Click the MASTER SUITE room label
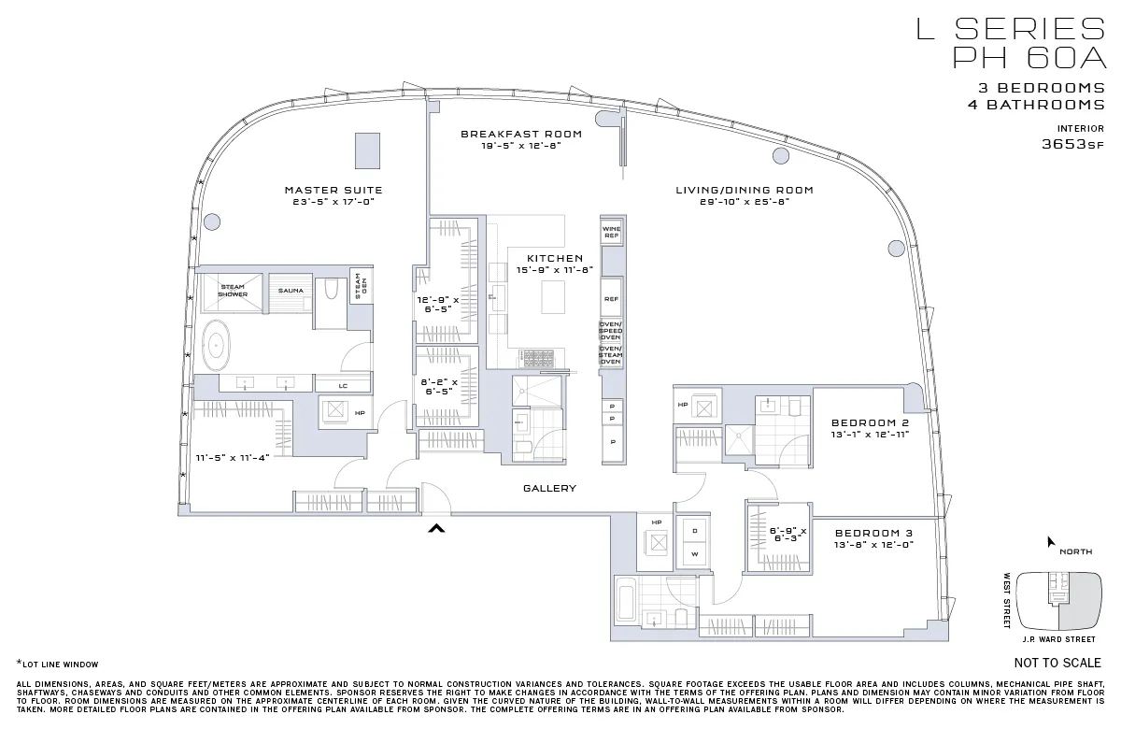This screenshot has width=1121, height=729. [x=333, y=191]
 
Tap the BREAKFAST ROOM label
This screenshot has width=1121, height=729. [x=521, y=135]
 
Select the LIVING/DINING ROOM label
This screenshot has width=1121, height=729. [x=745, y=191]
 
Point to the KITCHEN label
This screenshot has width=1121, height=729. [x=555, y=259]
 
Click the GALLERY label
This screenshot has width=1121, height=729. [x=549, y=489]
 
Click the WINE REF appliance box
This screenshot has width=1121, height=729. [x=611, y=233]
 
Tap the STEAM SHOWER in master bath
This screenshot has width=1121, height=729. [x=233, y=290]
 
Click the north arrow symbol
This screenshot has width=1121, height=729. [x=1052, y=541]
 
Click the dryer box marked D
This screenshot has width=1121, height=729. [x=694, y=530]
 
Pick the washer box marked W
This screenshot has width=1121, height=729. [x=694, y=554]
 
